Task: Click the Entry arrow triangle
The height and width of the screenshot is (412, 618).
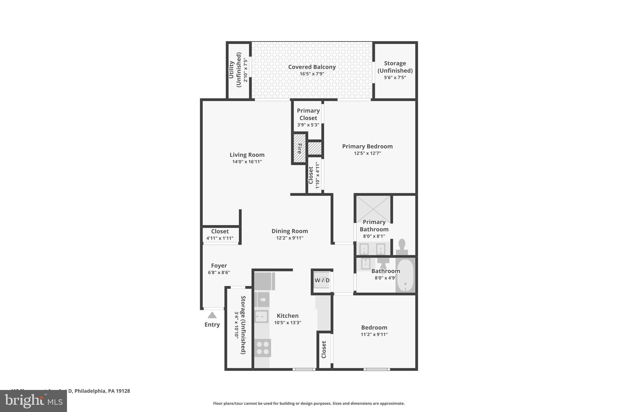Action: (x=212, y=315)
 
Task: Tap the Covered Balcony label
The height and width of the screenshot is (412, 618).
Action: (x=312, y=67)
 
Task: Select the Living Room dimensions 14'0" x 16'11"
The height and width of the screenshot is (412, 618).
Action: (x=247, y=162)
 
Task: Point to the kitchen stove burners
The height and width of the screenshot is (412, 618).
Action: (x=263, y=348)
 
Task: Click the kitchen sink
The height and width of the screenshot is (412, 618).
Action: (x=261, y=317)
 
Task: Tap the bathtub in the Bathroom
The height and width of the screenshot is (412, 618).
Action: (x=405, y=275)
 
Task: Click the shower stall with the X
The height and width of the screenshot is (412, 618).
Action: (x=373, y=209)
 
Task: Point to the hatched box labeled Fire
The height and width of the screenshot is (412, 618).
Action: (x=300, y=149)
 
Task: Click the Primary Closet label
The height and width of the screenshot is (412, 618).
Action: (x=308, y=114)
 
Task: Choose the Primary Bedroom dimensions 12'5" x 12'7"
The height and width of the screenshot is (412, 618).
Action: (x=367, y=153)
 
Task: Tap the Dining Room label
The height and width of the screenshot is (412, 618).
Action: (x=289, y=231)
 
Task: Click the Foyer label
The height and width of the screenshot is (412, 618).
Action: (x=219, y=266)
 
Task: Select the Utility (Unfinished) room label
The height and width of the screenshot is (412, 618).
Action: (x=235, y=70)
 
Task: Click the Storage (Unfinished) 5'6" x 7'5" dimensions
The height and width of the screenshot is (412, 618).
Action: (x=395, y=78)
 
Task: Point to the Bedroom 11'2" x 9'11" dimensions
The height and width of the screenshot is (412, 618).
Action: (x=374, y=334)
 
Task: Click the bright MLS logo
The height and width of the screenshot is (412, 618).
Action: (x=33, y=401)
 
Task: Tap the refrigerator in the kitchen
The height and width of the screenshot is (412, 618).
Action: (x=264, y=281)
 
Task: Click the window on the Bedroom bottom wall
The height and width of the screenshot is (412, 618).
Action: (x=376, y=369)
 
